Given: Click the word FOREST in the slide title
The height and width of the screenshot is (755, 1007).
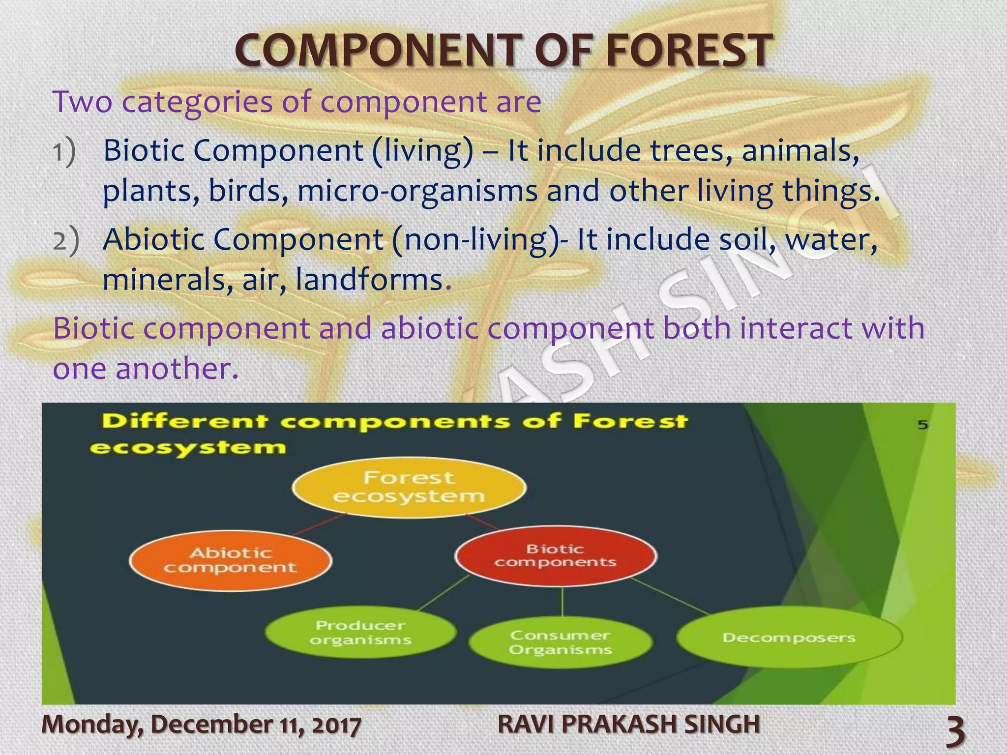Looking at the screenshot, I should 688,51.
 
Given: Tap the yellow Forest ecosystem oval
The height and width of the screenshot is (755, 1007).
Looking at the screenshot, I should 409,488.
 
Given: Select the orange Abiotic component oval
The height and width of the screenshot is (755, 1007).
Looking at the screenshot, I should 230,560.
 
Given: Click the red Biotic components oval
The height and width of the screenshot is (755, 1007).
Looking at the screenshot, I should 556,555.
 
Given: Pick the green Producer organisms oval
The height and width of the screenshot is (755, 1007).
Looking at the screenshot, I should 360,633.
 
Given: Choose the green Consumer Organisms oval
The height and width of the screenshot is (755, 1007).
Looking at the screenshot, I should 561,642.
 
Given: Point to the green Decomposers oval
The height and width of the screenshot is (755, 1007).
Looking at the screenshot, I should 789,638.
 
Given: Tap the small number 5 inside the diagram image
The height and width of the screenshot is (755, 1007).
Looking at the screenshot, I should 922,425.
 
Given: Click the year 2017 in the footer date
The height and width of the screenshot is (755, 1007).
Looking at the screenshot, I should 336,726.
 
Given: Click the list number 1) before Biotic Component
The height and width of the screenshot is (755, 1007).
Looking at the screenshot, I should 64,151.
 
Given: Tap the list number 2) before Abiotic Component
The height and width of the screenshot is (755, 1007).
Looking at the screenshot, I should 65,241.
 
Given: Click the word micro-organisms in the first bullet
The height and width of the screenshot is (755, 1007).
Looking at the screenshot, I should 417,191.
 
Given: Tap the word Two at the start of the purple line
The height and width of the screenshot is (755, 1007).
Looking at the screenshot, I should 83,102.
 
